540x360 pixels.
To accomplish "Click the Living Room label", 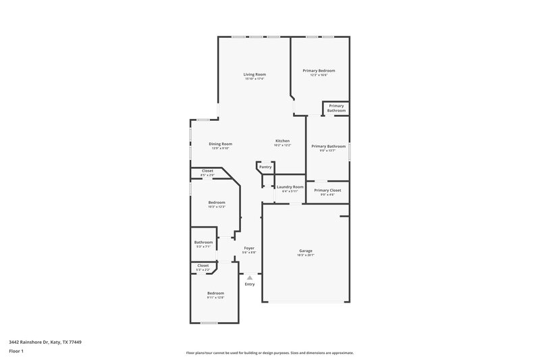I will [254, 74].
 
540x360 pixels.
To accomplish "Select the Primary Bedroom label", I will [319, 70].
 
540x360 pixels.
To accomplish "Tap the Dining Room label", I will [220, 143].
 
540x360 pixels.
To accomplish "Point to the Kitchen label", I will [281, 140].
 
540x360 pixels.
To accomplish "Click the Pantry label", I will [265, 166].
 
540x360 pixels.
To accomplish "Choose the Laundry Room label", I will [290, 186].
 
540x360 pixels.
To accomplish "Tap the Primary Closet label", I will [327, 190].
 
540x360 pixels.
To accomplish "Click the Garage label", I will [306, 251].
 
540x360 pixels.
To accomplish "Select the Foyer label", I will [249, 248].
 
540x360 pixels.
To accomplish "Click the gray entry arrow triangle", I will [250, 277].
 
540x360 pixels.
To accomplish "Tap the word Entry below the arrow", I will [250, 284].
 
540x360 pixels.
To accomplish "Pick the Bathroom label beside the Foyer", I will [203, 242].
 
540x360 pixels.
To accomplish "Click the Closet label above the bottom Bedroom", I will [202, 265].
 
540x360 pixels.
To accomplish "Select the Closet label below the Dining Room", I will [207, 171].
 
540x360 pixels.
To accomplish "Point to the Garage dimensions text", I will [306, 255].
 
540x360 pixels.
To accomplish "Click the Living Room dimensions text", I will [254, 79].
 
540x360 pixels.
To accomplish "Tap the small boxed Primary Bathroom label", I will [336, 108].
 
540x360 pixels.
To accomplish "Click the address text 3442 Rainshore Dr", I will [40, 342].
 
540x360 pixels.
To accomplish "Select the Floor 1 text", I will [16, 352].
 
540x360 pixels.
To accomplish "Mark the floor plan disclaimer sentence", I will [269, 353].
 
